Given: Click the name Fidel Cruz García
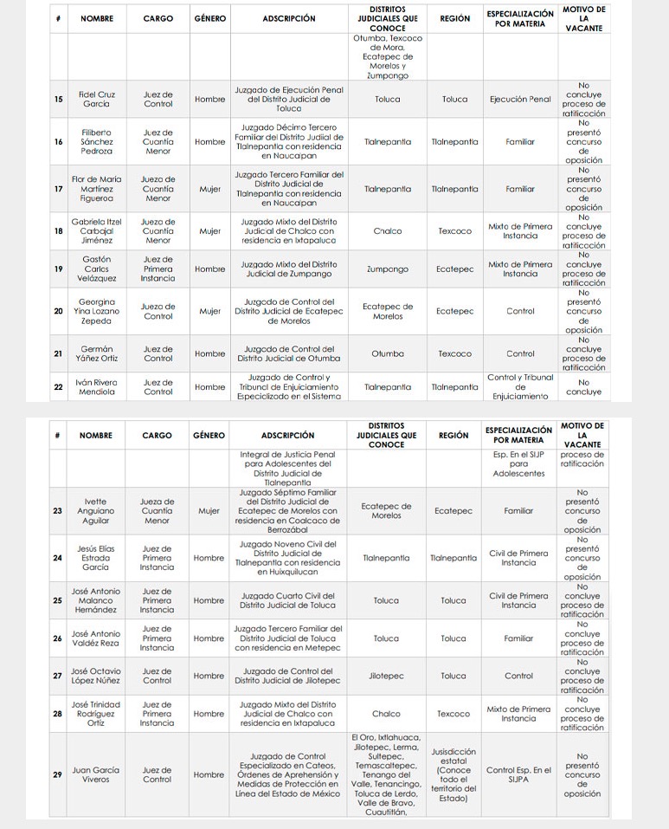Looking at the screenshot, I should pos(96,99).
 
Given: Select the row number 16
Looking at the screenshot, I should pos(58,141).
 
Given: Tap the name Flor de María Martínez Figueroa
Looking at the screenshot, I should pos(96,189).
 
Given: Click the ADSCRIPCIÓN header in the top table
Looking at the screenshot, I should pos(289,18).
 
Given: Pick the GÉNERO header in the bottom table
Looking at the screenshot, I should pos(209,436).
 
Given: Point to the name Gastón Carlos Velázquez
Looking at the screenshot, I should pos(96,269).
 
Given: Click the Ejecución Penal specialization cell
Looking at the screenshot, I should pos(520,99).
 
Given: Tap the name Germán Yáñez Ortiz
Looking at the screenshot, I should pos(96,353).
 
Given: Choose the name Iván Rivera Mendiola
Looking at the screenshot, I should pos(96,386).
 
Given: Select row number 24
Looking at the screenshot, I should pos(57,558).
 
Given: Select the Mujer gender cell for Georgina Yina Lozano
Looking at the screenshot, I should pos(209,311).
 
